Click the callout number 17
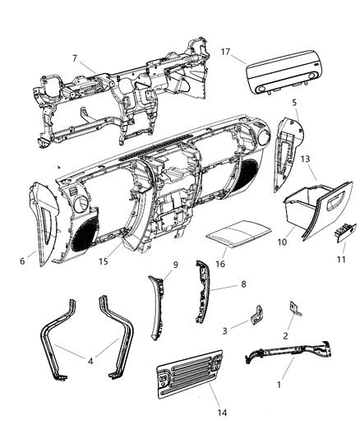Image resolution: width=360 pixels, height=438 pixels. pos(225,51)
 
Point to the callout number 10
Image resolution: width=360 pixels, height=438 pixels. pos(282,244)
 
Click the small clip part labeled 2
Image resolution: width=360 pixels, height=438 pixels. pos(293,309)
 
